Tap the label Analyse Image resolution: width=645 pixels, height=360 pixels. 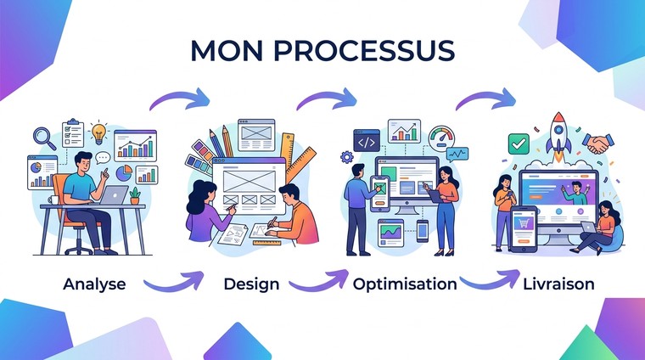tap(94, 284)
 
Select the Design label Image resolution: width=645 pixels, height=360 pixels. tap(251, 284)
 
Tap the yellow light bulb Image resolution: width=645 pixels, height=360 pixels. tap(100, 132)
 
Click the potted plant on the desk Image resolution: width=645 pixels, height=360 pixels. tap(135, 195)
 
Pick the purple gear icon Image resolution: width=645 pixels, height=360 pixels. tap(346, 157)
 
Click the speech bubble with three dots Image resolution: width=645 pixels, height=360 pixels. tap(103, 157)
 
